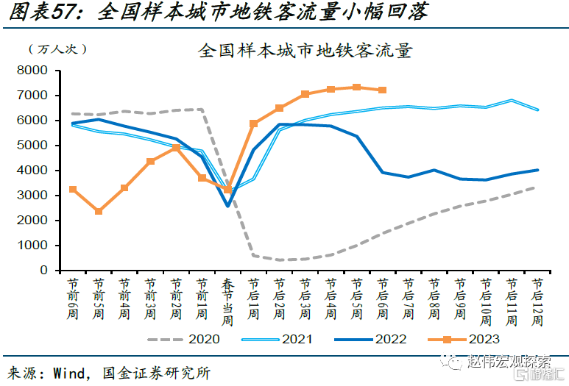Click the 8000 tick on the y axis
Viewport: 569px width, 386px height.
click(x=32, y=70)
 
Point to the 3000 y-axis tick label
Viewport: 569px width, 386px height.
click(x=32, y=195)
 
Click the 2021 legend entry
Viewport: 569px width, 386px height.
click(x=297, y=339)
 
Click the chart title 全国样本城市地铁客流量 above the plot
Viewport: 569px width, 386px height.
click(x=305, y=51)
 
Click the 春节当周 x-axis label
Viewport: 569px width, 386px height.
click(x=227, y=301)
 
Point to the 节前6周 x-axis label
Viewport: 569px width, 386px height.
click(x=73, y=298)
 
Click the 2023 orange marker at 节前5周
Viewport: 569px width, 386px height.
click(x=99, y=211)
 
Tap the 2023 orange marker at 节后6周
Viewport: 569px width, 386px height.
click(x=382, y=90)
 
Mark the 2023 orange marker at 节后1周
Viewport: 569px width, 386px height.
click(x=253, y=124)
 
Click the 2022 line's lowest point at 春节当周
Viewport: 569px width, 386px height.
click(x=227, y=205)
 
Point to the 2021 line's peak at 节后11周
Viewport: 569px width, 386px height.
click(x=511, y=100)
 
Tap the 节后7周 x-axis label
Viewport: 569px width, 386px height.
click(x=408, y=298)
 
